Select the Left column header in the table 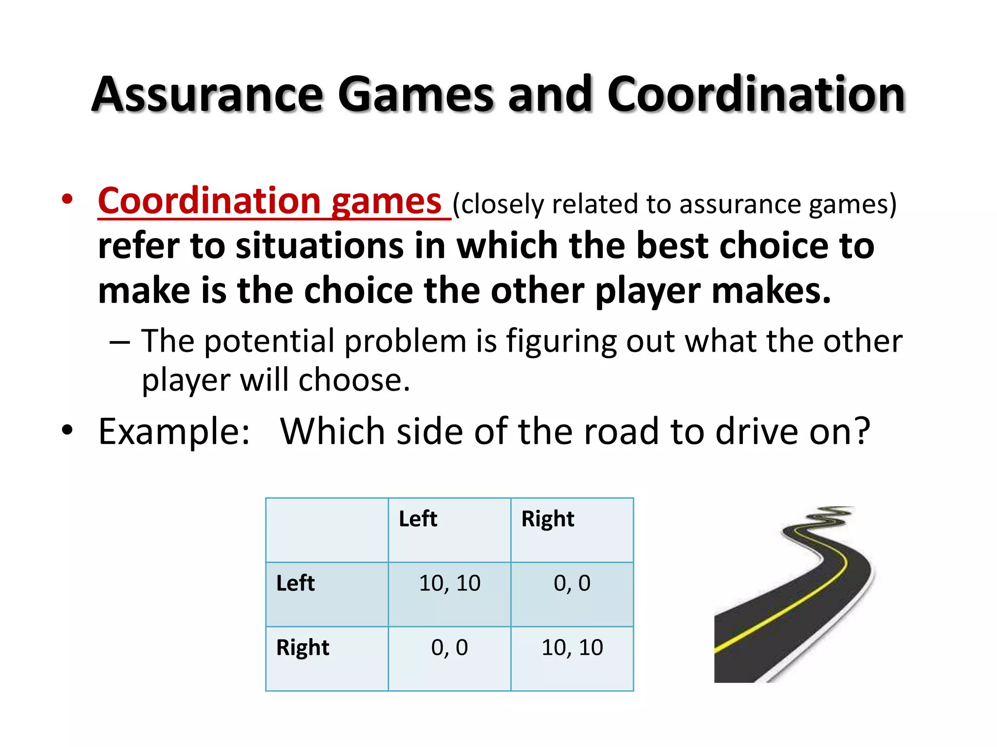[x=418, y=519]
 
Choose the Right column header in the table [x=548, y=519]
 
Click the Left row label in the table [x=295, y=583]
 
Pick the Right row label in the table [x=302, y=648]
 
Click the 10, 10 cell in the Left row [x=449, y=584]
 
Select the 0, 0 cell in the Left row [x=572, y=584]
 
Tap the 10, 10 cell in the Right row [x=572, y=648]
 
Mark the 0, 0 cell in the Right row [x=449, y=648]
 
